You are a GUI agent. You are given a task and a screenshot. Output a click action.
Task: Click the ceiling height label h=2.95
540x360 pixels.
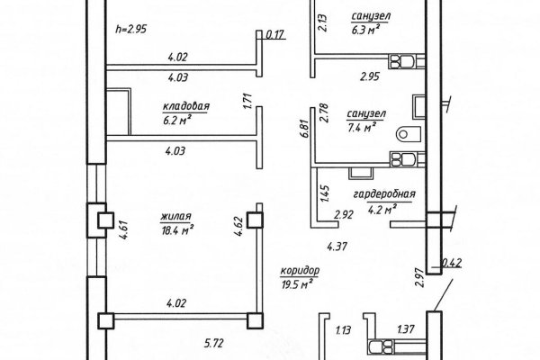(x=130, y=30)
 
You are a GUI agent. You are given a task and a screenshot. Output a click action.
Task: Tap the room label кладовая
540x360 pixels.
(x=186, y=106)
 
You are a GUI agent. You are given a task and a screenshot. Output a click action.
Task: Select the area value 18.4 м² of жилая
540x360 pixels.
(x=177, y=230)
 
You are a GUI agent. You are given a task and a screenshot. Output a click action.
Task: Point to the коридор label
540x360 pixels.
(x=300, y=271)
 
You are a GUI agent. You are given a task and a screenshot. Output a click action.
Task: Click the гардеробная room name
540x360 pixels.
(x=384, y=194)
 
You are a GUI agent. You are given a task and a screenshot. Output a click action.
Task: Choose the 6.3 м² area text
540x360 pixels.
(x=365, y=30)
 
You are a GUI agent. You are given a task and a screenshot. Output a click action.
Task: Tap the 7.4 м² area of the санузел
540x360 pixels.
(x=361, y=128)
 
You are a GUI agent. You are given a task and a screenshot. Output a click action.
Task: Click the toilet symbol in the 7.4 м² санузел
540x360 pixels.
(x=409, y=134)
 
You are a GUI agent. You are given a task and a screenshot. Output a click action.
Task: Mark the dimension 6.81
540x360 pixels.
(x=304, y=129)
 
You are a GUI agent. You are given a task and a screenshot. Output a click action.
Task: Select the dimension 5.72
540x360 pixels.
(x=213, y=343)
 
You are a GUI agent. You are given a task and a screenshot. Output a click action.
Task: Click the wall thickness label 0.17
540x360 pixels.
(x=274, y=34)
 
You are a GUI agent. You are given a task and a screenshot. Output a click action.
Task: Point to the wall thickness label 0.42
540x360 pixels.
(x=452, y=263)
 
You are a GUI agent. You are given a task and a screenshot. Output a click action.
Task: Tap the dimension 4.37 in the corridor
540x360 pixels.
(x=337, y=247)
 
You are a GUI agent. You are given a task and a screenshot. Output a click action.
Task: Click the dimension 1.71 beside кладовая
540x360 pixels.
(x=248, y=102)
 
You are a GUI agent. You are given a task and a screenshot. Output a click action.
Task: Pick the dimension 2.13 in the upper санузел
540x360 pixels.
(x=323, y=22)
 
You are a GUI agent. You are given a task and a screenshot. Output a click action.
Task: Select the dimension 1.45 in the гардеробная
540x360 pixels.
(x=325, y=194)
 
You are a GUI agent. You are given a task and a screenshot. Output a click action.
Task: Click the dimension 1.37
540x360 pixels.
(x=406, y=329)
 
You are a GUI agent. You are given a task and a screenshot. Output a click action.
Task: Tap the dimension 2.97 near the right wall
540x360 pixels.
(x=419, y=278)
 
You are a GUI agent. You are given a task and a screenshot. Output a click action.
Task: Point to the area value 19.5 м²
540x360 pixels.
(x=297, y=285)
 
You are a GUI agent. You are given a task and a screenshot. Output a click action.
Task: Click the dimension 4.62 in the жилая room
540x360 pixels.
(x=239, y=226)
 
